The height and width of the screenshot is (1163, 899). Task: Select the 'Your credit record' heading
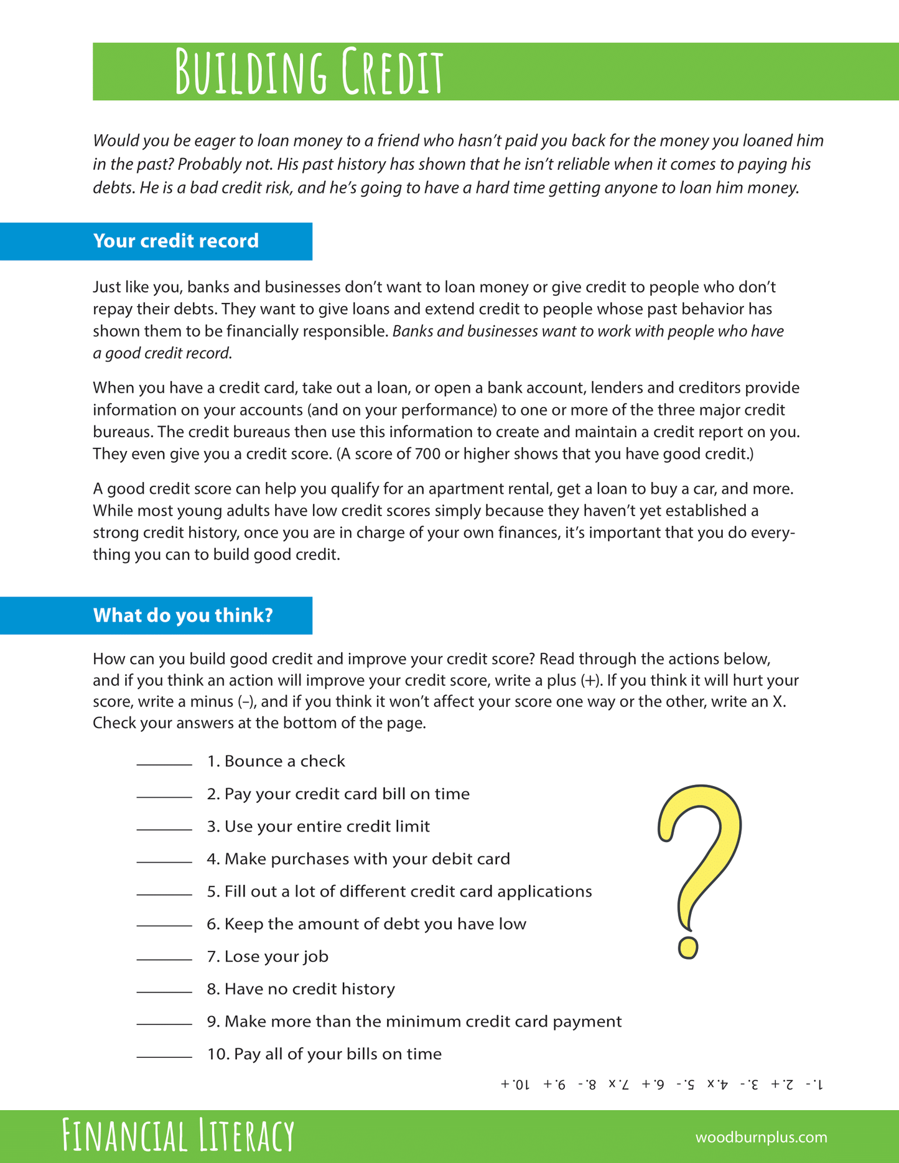[x=175, y=241]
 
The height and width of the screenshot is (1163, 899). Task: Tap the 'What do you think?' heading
[x=183, y=616]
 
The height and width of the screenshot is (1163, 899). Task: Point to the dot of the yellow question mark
[x=687, y=947]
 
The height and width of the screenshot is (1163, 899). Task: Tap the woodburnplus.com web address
[x=761, y=1138]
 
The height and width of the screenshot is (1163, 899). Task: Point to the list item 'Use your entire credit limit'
[x=319, y=827]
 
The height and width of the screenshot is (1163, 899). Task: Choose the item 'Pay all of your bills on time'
[x=324, y=1054]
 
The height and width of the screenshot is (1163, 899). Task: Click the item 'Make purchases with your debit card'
[x=358, y=859]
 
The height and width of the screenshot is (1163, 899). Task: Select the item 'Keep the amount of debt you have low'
[x=366, y=924]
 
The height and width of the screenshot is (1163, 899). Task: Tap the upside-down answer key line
[x=662, y=1085]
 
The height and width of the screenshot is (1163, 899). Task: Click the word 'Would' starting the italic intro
[x=116, y=141]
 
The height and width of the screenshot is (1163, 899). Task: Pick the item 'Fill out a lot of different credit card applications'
[x=399, y=892]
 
